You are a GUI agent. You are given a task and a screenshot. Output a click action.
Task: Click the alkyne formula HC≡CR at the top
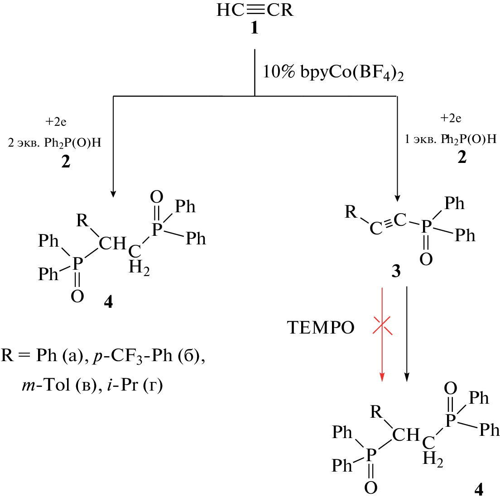[x=255, y=10]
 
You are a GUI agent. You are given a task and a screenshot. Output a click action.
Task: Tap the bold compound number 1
[x=255, y=29]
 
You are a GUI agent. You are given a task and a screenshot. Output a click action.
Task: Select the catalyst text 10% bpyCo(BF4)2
[x=333, y=73]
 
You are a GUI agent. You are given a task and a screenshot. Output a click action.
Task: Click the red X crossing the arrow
[x=382, y=325]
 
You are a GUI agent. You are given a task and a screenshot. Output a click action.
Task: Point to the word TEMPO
[x=321, y=328]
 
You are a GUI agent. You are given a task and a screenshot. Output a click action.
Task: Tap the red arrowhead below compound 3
[x=382, y=376]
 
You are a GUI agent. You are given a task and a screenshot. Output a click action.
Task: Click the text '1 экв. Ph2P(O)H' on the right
[x=450, y=139]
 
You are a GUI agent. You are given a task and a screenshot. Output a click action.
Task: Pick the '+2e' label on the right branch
[x=451, y=119]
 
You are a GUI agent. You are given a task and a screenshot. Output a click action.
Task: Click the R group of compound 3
[x=351, y=212]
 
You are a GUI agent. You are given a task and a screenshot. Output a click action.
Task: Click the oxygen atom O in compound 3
[x=426, y=259]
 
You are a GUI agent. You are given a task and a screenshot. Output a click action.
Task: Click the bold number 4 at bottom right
[x=478, y=490]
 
